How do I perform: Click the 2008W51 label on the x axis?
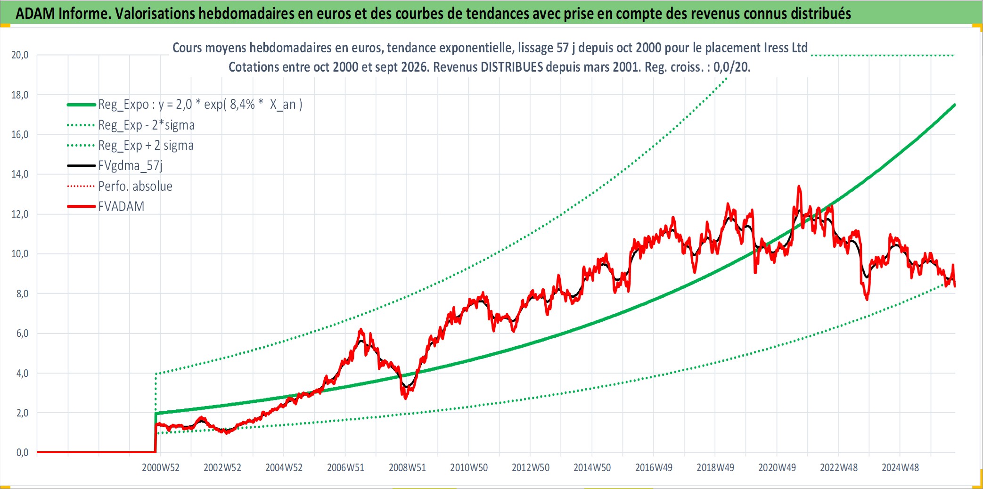click(x=407, y=468)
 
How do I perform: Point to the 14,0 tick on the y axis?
click(x=20, y=174)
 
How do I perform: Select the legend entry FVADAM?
click(x=121, y=206)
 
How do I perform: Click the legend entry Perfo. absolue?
click(x=135, y=186)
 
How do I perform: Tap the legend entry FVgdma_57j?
click(x=131, y=165)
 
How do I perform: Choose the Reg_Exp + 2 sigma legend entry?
click(x=146, y=145)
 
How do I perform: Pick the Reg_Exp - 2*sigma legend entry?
click(x=147, y=125)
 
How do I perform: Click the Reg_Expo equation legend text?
click(x=200, y=104)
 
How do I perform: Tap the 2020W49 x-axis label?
click(x=777, y=468)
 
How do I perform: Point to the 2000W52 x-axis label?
click(x=161, y=468)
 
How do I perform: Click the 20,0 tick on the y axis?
click(x=20, y=55)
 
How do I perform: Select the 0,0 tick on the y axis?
click(x=22, y=453)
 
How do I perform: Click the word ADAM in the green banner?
click(x=35, y=14)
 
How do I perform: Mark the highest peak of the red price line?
click(x=799, y=186)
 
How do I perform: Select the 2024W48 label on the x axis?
click(x=901, y=468)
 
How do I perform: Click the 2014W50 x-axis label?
click(x=592, y=468)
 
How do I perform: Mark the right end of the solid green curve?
click(x=955, y=105)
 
